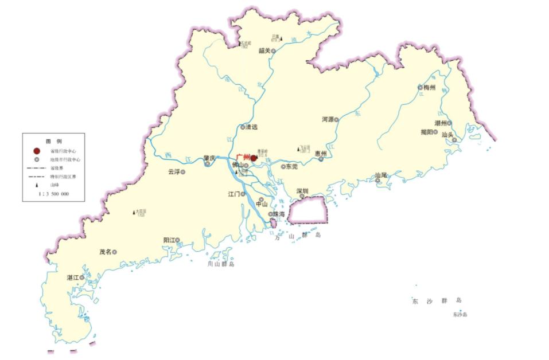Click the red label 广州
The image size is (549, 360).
coord(243,157)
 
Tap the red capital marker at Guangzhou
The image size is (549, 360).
coord(254,158)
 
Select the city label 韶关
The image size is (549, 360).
coord(264,50)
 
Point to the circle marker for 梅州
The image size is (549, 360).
coord(420,88)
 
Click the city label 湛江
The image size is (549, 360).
coord(72,277)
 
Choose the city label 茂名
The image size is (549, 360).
coord(105,252)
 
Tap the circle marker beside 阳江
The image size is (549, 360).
coord(178,240)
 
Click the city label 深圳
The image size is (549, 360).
coord(302,190)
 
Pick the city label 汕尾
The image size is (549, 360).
coord(381,175)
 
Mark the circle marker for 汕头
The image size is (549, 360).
coord(454,140)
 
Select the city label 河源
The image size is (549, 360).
coord(328,120)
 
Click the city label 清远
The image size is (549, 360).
coord(251,127)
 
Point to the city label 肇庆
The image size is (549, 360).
coord(209,158)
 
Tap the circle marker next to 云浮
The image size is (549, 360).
coord(183,172)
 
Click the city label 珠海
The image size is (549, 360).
coord(279,214)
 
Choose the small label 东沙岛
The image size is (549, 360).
coord(460,315)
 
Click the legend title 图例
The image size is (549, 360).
coord(54,141)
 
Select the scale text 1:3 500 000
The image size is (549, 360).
coord(54,194)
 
